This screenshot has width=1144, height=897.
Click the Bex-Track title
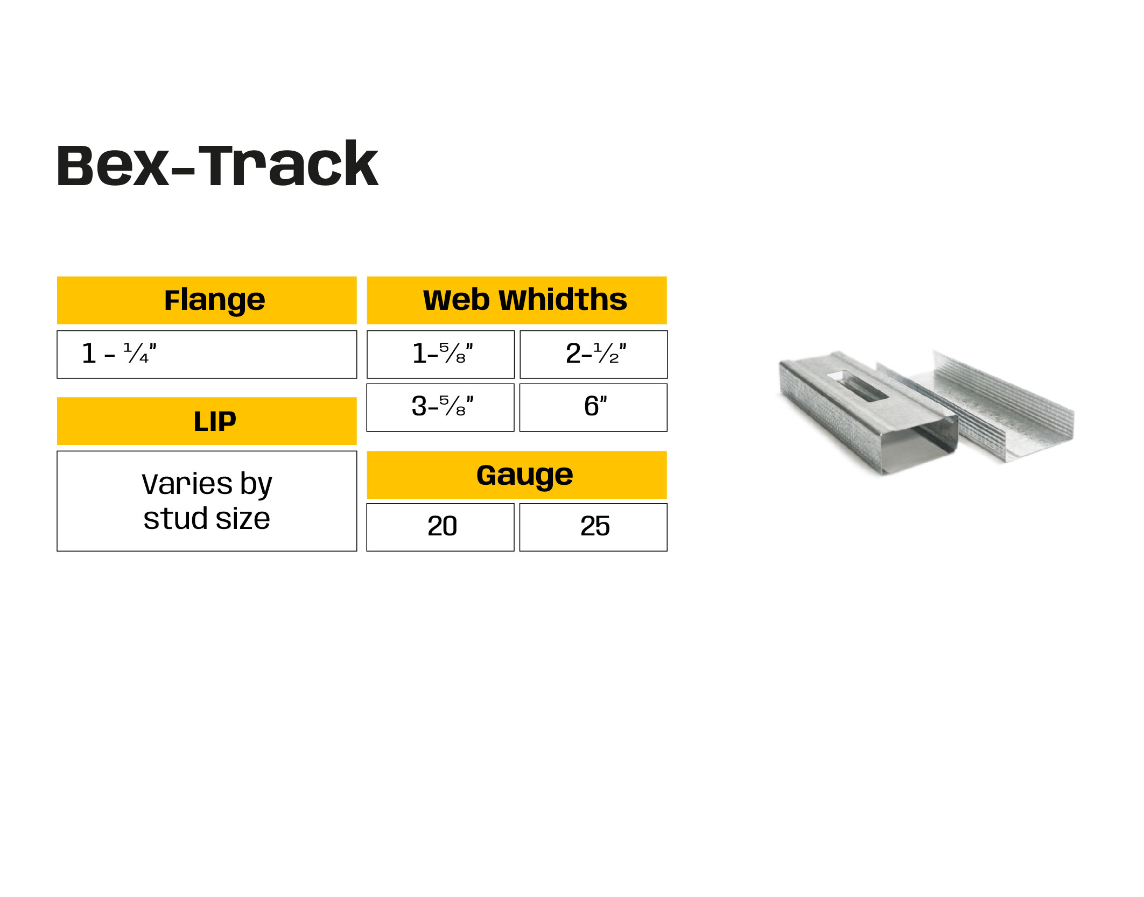[x=217, y=165]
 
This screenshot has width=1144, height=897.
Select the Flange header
[x=207, y=300]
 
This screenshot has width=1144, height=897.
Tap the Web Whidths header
[x=517, y=300]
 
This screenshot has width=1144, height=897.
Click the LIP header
[x=207, y=421]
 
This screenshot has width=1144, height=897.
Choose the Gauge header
[x=517, y=475]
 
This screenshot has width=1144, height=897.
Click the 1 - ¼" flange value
[x=119, y=354]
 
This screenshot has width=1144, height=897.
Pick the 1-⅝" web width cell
[x=440, y=354]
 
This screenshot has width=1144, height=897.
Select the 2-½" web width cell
[x=593, y=354]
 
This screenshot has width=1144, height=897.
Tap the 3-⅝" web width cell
[x=440, y=407]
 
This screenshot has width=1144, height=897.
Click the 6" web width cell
[x=593, y=407]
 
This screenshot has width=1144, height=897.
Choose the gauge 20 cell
[x=440, y=527]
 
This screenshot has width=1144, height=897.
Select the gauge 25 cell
[x=593, y=527]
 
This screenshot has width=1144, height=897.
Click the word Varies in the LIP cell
[x=187, y=484]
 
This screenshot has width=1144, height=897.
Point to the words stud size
[x=207, y=519]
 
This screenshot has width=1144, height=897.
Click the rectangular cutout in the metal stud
[x=857, y=385]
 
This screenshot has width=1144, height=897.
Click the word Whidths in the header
[x=563, y=300]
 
